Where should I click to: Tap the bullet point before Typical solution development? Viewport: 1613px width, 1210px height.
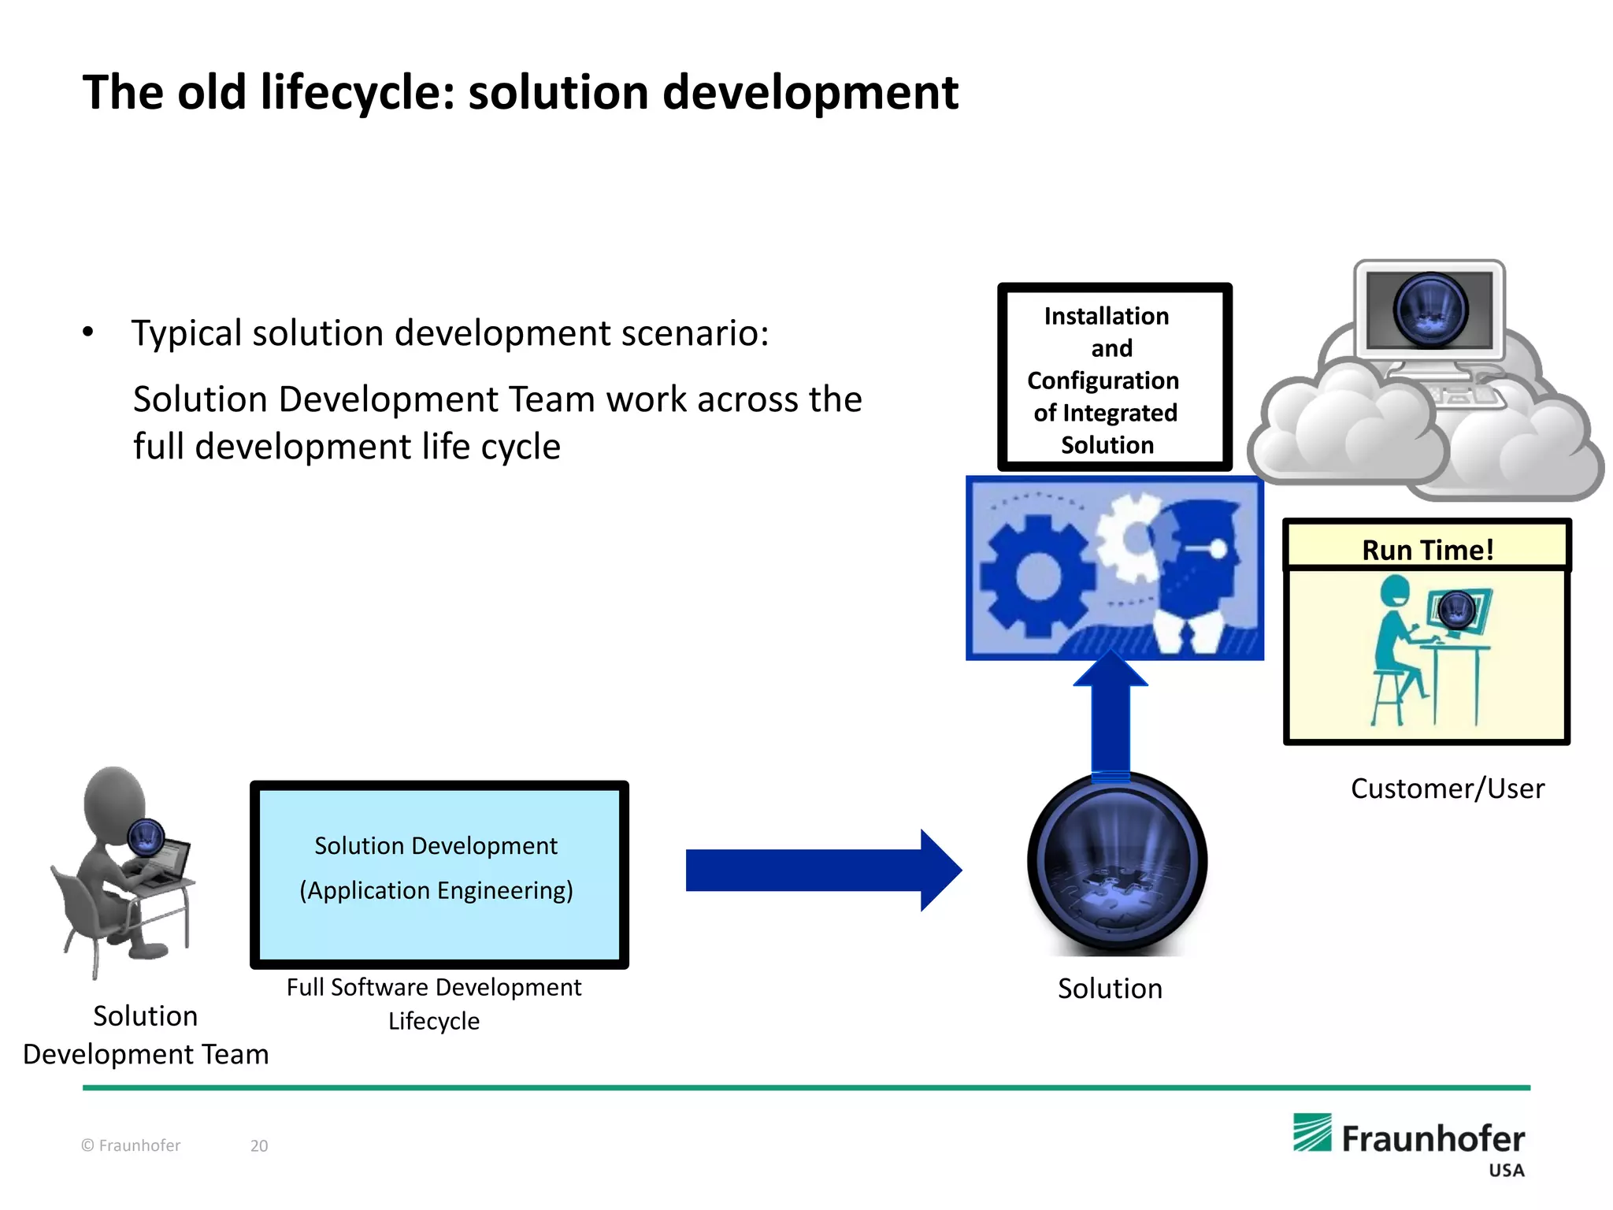pos(88,332)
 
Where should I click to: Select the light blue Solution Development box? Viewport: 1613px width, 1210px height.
pos(439,874)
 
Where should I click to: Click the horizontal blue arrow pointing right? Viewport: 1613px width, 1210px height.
pos(822,870)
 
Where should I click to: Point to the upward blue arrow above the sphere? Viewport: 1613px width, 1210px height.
pos(1111,713)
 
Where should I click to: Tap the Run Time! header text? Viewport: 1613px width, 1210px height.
pos(1427,549)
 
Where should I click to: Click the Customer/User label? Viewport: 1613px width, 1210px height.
pos(1447,789)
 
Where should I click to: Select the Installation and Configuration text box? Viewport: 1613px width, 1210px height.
pos(1114,379)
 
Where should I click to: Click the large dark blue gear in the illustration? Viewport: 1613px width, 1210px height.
pos(1038,577)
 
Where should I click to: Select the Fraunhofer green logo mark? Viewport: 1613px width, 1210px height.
pos(1311,1133)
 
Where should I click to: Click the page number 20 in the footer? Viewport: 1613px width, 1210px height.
pos(259,1145)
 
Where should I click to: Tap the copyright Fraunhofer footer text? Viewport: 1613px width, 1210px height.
pos(131,1145)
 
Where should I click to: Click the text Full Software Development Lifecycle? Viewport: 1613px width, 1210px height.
pos(434,1004)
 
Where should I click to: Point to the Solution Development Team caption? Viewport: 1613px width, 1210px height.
pos(146,1034)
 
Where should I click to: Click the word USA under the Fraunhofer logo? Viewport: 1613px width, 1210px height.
pos(1506,1171)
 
